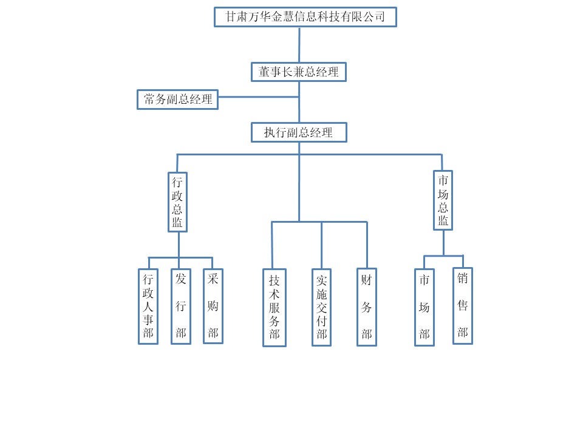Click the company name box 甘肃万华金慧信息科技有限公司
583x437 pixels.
pyautogui.click(x=305, y=17)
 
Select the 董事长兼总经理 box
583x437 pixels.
pyautogui.click(x=299, y=72)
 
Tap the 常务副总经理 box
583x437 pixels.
pyautogui.click(x=177, y=100)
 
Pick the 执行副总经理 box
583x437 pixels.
pyautogui.click(x=299, y=132)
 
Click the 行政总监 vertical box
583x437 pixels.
pyautogui.click(x=177, y=202)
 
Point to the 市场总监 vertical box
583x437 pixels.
pyautogui.click(x=443, y=200)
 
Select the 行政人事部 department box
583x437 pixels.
pyautogui.click(x=148, y=307)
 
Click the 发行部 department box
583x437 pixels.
pyautogui.click(x=181, y=307)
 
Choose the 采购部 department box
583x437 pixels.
pyautogui.click(x=213, y=306)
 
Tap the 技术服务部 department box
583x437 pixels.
pyautogui.click(x=274, y=308)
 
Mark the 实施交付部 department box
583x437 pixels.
pyautogui.click(x=321, y=308)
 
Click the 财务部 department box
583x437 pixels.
pyautogui.click(x=366, y=307)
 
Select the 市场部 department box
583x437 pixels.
pyautogui.click(x=424, y=308)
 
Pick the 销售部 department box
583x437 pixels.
pyautogui.click(x=463, y=306)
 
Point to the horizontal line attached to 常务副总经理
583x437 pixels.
pyautogui.click(x=258, y=97)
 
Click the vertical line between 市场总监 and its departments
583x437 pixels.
pyautogui.click(x=443, y=243)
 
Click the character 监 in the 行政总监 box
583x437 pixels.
pyautogui.click(x=177, y=223)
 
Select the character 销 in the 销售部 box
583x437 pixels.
pyautogui.click(x=463, y=280)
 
